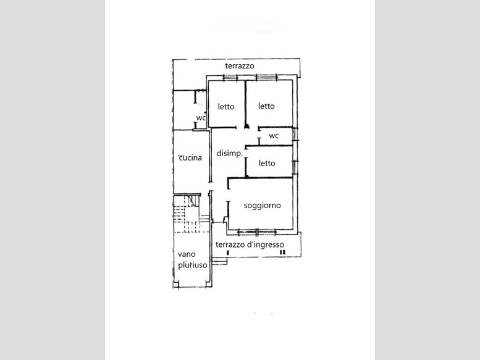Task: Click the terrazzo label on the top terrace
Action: pos(240,65)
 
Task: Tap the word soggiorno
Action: pos(263,206)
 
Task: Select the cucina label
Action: pos(190,158)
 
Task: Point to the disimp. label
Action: pos(230,153)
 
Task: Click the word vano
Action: pos(187,254)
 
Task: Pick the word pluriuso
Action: pos(193,265)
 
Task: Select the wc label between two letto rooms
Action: pos(274,136)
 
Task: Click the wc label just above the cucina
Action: pos(201,118)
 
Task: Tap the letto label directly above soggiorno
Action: pos(267,164)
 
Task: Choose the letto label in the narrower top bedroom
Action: pos(226,106)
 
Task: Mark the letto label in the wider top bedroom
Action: pos(266,106)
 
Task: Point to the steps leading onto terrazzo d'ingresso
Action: pos(220,261)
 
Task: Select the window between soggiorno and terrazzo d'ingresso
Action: pos(257,232)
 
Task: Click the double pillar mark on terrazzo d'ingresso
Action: pos(283,253)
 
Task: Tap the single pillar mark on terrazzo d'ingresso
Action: pos(228,253)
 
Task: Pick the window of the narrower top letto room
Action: pos(230,78)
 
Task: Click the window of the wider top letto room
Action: pos(266,77)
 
